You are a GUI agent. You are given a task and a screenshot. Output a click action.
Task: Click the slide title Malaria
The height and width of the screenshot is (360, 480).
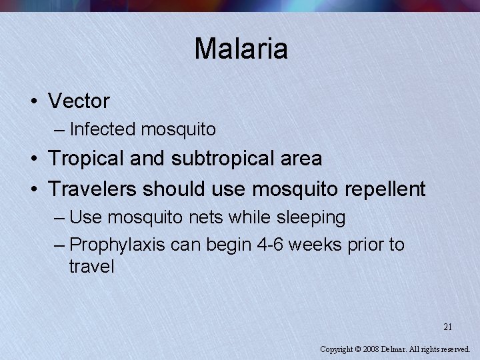point(241,49)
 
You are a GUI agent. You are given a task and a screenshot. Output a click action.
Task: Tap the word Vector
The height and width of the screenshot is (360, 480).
point(79,101)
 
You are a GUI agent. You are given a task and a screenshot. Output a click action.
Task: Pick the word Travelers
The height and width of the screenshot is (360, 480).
point(91,189)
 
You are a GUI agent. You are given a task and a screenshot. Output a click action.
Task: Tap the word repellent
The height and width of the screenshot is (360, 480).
point(385,189)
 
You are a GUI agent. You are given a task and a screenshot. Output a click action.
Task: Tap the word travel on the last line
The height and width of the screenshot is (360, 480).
point(91,267)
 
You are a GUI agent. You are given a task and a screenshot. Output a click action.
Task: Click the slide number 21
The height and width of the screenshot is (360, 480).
point(448,327)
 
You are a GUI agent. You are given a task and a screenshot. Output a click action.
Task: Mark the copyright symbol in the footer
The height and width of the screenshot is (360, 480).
point(357,349)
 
